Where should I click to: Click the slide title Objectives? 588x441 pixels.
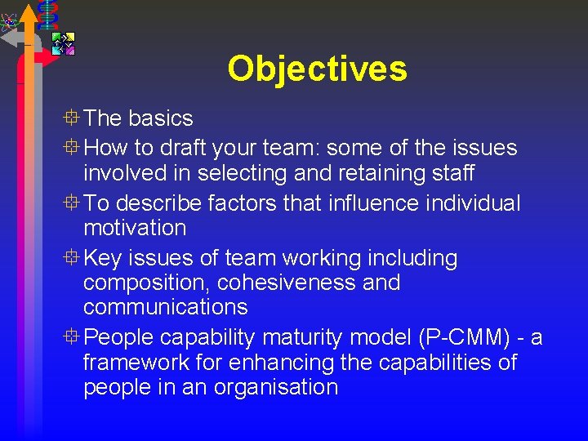coord(317,69)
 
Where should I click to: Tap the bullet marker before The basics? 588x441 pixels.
coord(72,118)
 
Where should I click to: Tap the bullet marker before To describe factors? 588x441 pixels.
coord(72,203)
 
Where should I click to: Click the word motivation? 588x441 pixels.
coord(135,228)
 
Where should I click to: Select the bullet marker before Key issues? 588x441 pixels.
coord(72,259)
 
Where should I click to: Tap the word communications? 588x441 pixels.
coord(165,307)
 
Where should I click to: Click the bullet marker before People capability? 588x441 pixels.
coord(72,337)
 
